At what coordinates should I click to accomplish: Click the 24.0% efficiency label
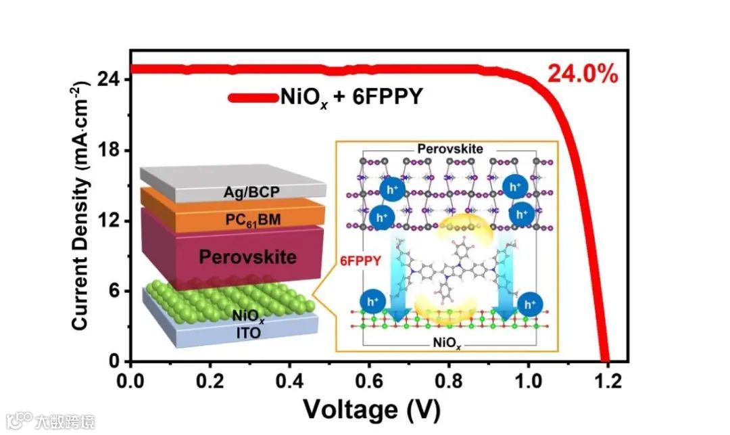coord(582,74)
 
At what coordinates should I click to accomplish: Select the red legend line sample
coord(253,98)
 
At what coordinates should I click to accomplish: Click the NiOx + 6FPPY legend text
coord(351,98)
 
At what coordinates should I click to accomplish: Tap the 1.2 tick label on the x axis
coord(608,381)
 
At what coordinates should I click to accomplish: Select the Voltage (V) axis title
coord(371,409)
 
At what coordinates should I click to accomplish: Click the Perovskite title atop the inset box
coord(449,148)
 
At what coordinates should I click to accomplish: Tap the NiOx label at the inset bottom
coord(447,343)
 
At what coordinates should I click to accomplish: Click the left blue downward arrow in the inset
coord(399,277)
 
